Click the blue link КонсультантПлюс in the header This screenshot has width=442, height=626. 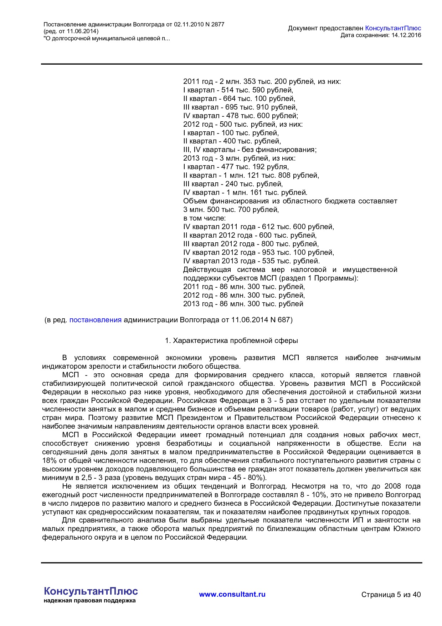tap(393, 28)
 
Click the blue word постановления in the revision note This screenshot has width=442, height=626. tap(95, 320)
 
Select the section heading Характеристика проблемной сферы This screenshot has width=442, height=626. tap(235, 340)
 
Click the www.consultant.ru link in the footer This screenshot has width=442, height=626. tap(232, 594)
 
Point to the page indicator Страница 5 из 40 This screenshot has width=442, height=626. tap(391, 595)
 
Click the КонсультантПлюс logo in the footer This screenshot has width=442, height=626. tap(91, 591)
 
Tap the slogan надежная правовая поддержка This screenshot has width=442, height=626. tap(89, 601)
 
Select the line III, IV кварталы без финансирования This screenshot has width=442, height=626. tap(250, 150)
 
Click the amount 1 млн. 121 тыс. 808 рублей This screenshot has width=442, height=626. tap(271, 175)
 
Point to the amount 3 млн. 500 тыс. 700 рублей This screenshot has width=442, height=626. tap(231, 209)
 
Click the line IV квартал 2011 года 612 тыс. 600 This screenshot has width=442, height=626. tap(258, 227)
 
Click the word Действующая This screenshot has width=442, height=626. tap(207, 269)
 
